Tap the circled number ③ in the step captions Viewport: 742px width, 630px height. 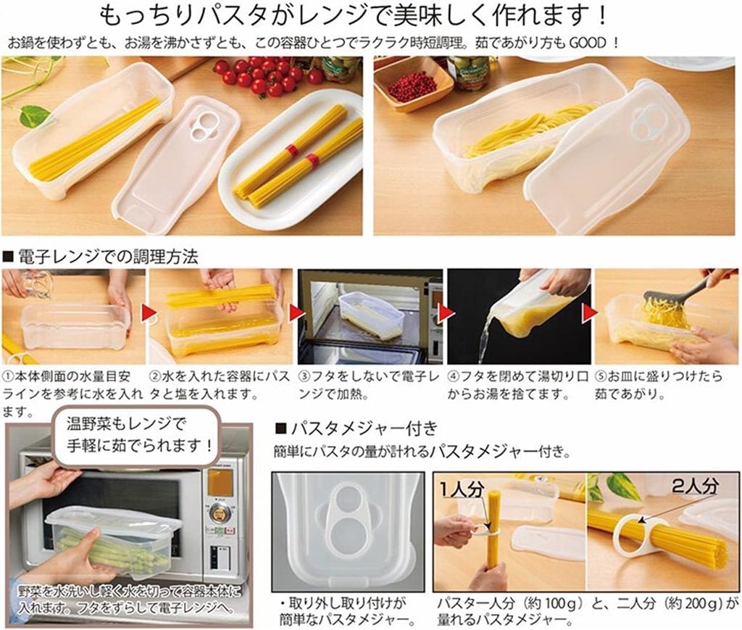(x=304, y=378)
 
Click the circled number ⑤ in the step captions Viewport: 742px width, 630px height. (x=601, y=378)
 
